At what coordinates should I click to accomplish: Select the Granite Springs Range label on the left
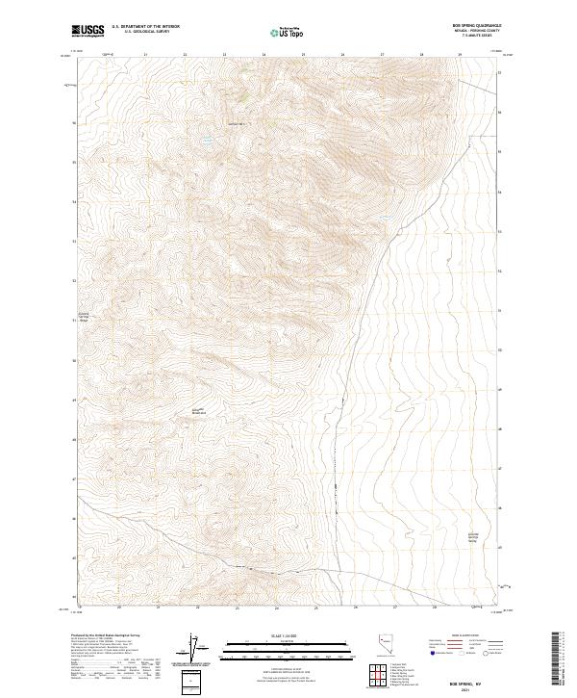pyautogui.click(x=84, y=317)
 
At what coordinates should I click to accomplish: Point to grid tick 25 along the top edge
pyautogui.click(x=303, y=55)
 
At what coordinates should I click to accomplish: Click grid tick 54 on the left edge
pyautogui.click(x=74, y=202)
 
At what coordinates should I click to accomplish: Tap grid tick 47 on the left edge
pyautogui.click(x=74, y=478)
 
